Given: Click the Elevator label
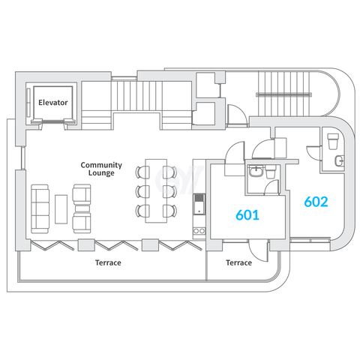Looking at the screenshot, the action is coord(53,103).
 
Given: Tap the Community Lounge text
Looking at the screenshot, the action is coord(101,169).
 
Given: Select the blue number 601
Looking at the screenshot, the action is coord(247,214).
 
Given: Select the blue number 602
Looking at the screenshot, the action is coord(316,202).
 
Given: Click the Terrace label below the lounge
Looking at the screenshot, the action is coord(108,262).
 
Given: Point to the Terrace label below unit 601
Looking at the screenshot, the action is coord(238,262).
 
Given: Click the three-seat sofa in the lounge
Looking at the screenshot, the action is coord(40,209).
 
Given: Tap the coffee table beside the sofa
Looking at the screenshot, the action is coord(61,209).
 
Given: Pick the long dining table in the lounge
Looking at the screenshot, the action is coord(156,190).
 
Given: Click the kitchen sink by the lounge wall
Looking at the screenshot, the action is coord(199,204).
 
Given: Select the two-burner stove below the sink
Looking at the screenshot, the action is coord(199,231).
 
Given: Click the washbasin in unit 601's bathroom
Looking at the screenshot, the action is coord(256,172).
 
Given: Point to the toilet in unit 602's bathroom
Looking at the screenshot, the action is coord(333,141).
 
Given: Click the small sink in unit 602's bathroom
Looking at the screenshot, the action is coord(339,160).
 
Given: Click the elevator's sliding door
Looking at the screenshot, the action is coord(53,122).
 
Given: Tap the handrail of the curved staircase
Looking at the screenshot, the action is coord(284,94).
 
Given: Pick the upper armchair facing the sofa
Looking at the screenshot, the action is coord(82,193).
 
